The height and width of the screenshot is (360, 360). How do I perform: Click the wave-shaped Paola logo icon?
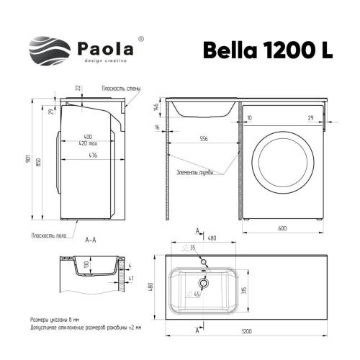tap(50, 52)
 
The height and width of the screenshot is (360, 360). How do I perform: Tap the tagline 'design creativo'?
tap(103, 63)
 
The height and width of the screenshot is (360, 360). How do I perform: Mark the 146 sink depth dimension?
tap(157, 107)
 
